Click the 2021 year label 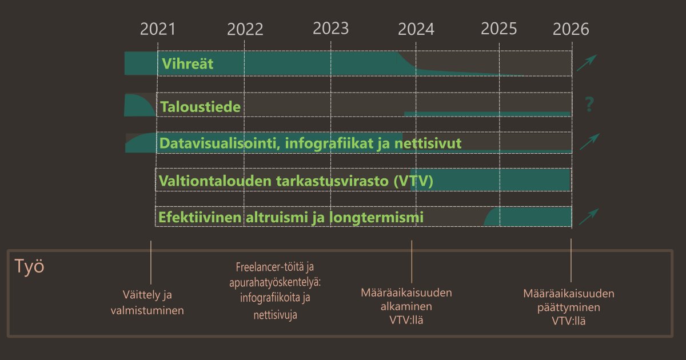(158, 29)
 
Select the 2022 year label (245, 29)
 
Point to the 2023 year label (331, 29)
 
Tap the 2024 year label (416, 29)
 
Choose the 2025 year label (499, 29)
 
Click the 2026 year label (571, 29)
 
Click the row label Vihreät (187, 63)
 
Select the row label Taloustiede (200, 107)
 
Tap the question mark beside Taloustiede (590, 105)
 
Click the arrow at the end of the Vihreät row (587, 63)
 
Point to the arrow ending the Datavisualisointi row (589, 141)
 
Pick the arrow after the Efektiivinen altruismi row (588, 217)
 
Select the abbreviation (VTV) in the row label (413, 181)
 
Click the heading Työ (29, 267)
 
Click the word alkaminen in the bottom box (406, 307)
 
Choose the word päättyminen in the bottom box (569, 308)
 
